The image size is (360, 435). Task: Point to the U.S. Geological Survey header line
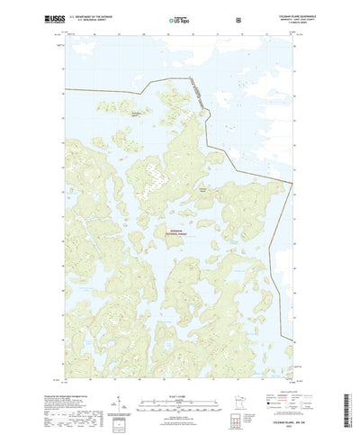tap(97, 19)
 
